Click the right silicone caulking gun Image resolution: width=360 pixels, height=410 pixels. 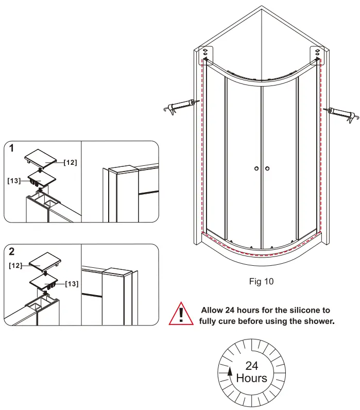click(x=341, y=113)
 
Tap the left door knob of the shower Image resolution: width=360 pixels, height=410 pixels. click(x=256, y=168)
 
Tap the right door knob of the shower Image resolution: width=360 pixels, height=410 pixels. click(x=268, y=168)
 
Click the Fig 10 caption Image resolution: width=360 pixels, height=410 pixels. click(x=261, y=281)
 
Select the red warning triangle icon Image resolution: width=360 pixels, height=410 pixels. click(x=181, y=314)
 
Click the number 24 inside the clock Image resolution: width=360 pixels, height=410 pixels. click(x=251, y=366)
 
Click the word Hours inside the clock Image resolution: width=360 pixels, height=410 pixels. click(x=251, y=378)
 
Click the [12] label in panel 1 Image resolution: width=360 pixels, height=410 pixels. click(x=70, y=162)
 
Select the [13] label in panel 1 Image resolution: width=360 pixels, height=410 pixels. click(x=14, y=181)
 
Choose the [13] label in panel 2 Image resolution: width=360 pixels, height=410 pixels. click(x=72, y=284)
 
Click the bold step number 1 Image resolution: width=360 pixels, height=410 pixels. click(x=12, y=149)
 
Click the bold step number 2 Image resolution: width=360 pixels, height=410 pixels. click(x=12, y=252)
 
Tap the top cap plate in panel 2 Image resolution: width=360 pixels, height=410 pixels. click(x=46, y=261)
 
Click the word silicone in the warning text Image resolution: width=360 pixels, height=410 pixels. click(x=293, y=310)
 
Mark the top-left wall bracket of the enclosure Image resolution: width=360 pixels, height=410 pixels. click(x=205, y=53)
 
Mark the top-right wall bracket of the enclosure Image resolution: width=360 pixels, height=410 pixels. click(x=317, y=53)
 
